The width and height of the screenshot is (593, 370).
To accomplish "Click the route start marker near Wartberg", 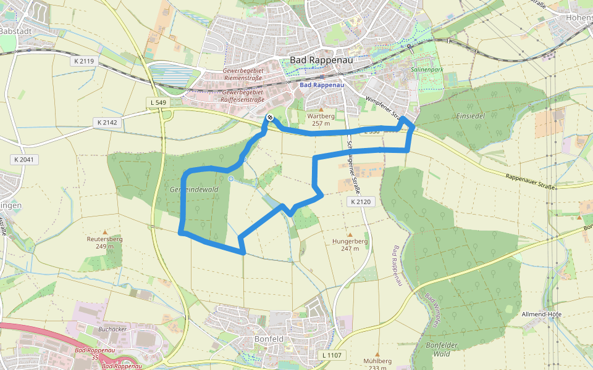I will point(269,117).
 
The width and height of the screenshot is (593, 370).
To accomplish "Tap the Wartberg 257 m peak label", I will point(321,119).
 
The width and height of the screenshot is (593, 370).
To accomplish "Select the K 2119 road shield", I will point(83,61).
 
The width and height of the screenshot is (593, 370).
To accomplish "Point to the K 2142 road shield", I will point(107,123).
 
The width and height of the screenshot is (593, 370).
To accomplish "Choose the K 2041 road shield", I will point(25,160).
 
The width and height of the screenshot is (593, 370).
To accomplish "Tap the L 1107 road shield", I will point(332,356).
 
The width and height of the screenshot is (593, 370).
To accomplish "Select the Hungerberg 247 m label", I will point(350,245).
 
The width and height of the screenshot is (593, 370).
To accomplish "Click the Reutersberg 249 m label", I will point(105,242).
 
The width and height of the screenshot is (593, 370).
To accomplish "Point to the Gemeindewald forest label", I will point(194,190).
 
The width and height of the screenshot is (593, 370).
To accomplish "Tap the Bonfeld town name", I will point(269,339).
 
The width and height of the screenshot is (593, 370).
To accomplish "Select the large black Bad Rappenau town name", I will point(314,60).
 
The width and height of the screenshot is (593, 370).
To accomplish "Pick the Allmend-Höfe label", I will point(541,314).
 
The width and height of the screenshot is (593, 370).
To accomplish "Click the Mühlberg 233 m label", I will point(378,364).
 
